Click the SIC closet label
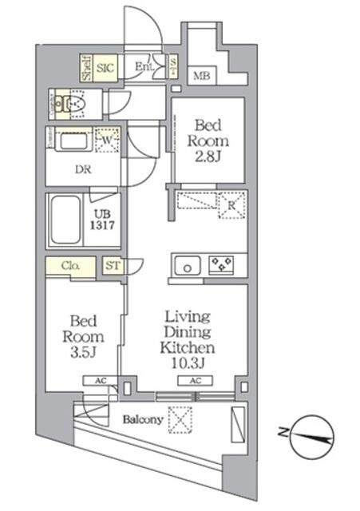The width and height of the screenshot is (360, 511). click(x=106, y=68)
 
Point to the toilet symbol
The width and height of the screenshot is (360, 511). click(x=74, y=103)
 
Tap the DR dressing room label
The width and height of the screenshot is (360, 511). click(x=83, y=169)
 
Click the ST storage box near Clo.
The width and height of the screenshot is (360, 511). click(x=113, y=267)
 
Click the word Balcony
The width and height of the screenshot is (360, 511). click(x=143, y=419)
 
